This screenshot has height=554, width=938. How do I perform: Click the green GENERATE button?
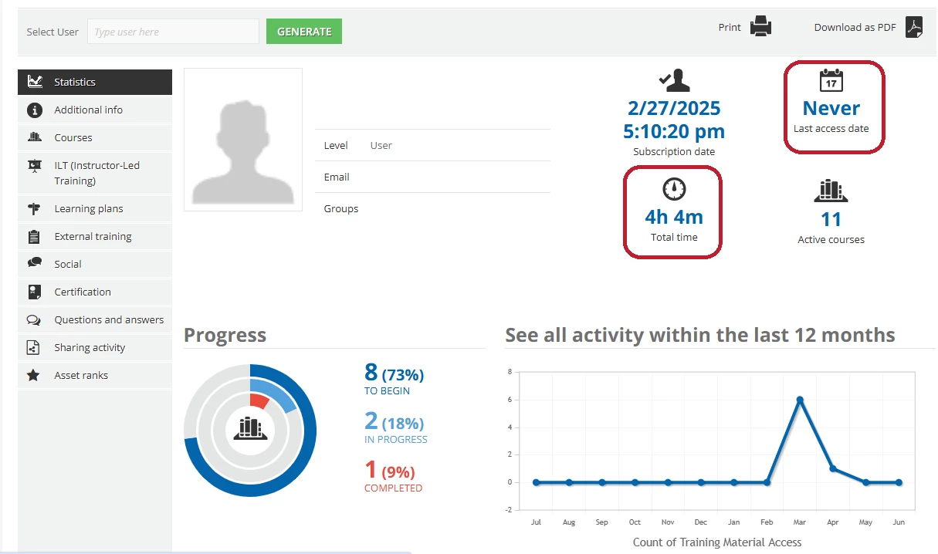[x=303, y=32]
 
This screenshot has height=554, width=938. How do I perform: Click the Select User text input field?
[x=173, y=32]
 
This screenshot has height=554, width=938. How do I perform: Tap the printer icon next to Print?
[x=760, y=27]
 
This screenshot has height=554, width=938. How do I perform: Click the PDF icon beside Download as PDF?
[x=914, y=27]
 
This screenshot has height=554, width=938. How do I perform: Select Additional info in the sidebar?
[x=88, y=110]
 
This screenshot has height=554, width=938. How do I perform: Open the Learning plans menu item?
[x=88, y=208]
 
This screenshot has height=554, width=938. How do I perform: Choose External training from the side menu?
[x=93, y=236]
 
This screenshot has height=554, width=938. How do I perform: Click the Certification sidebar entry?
[x=83, y=292]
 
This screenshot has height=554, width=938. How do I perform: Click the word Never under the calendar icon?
[x=831, y=108]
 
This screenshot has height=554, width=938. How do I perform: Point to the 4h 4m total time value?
[x=674, y=217]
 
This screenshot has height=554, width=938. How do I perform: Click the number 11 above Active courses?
[x=831, y=220]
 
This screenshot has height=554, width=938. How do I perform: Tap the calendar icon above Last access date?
[x=831, y=80]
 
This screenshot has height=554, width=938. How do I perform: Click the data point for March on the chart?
[x=800, y=400]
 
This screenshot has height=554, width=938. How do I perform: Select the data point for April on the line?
[x=833, y=468]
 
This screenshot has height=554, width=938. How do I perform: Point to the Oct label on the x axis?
[x=635, y=522]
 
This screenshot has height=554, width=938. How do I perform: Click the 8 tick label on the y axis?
[x=510, y=372]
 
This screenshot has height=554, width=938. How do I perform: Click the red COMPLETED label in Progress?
[x=393, y=488]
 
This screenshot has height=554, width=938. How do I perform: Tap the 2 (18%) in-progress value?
[x=394, y=422]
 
